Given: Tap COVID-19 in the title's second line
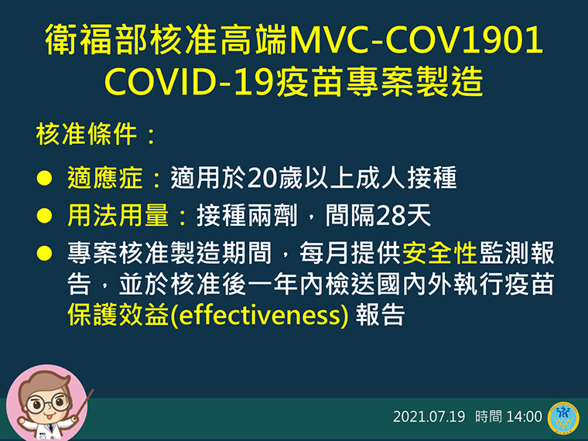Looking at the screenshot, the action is (189, 82).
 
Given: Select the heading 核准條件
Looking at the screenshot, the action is (86, 135).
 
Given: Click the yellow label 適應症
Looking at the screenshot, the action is (104, 177).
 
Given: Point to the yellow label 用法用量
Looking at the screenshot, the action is (118, 215).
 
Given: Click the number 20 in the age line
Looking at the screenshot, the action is (262, 178).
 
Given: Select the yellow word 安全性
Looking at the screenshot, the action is (439, 253).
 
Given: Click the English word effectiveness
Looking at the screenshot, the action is (259, 315).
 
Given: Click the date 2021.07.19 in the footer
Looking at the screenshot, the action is (429, 416).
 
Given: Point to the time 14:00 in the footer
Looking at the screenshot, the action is (524, 416).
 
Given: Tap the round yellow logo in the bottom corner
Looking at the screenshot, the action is (563, 417).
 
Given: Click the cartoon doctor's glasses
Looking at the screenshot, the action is (48, 404).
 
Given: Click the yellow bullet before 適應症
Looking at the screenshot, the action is (44, 178).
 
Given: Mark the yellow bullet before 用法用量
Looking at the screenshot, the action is (44, 216).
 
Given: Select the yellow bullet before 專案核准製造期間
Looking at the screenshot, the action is (44, 253).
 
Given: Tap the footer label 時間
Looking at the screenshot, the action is (488, 416).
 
